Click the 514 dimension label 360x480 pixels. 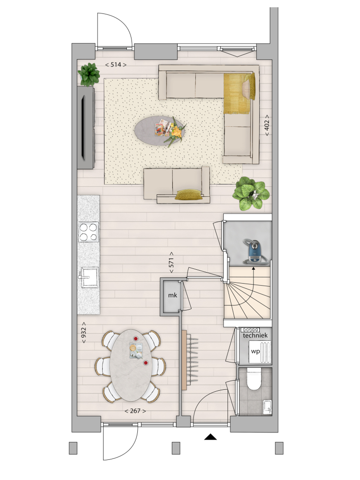coord(116,65)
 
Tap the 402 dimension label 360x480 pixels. coord(266,125)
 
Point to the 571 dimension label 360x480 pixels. coord(171,263)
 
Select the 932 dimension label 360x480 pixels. coord(83,333)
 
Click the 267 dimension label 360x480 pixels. coord(135,411)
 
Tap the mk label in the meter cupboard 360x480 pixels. coord(172,295)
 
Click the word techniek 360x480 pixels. coord(255,336)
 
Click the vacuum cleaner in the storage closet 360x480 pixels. coord(256,252)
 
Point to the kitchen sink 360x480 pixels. coord(89,277)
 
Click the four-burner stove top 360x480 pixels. coord(88,232)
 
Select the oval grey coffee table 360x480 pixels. coord(160,129)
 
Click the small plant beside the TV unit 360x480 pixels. coord(89,74)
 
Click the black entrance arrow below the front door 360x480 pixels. coord(210,437)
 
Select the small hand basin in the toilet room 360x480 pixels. coord(267,407)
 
